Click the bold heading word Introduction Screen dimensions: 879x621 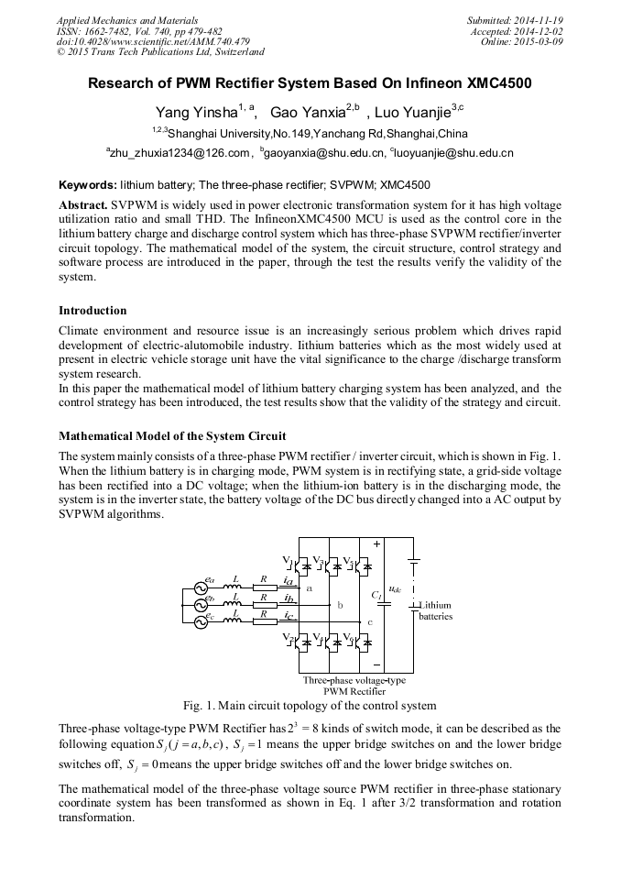(93, 311)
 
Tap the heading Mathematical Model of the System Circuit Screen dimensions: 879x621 (172, 435)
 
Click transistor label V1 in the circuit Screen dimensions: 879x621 (288, 559)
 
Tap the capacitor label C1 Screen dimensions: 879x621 (376, 595)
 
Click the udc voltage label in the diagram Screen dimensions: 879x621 (395, 590)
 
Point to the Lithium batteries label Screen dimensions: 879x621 (435, 611)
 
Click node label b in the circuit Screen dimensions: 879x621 (340, 606)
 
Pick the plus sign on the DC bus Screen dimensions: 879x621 (376, 544)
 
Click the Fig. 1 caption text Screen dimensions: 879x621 (310, 706)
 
